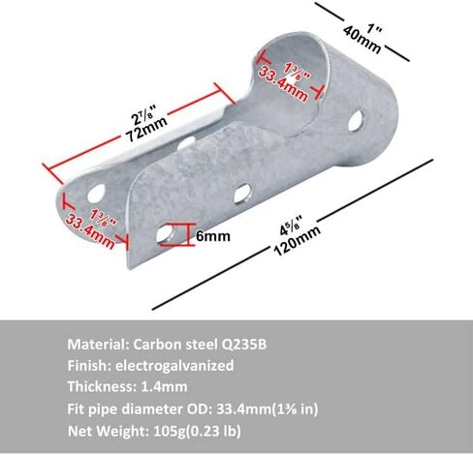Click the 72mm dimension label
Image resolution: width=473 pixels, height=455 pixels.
(146, 128)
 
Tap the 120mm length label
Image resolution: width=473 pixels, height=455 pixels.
(298, 241)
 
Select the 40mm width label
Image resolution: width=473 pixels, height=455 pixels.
(363, 40)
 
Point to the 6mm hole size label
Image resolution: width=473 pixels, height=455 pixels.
(213, 236)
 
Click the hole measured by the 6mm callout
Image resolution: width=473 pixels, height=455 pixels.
(165, 233)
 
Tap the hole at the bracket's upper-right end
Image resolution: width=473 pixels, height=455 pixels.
(356, 121)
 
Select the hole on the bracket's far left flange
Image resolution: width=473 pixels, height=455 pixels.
(96, 193)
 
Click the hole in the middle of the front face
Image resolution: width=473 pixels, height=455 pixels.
(242, 193)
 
